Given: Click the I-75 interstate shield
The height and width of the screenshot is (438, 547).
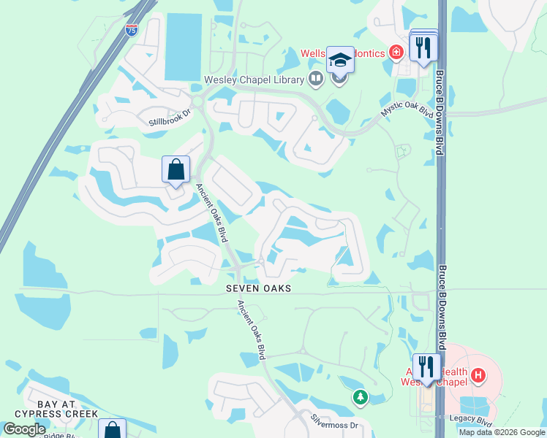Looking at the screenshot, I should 131,30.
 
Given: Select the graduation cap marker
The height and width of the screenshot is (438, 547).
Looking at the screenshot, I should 340,59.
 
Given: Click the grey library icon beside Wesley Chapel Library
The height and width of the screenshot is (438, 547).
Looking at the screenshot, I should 316,78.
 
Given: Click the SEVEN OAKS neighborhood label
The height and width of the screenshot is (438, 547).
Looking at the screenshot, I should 258,288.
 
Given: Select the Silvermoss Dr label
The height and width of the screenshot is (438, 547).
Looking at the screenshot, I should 334,423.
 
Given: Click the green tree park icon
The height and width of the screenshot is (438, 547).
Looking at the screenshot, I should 360,397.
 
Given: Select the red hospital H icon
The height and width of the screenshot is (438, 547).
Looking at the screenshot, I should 478,376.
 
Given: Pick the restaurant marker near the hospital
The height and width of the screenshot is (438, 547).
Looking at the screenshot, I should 426,366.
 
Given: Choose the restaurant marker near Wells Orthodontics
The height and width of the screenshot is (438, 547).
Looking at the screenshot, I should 423,47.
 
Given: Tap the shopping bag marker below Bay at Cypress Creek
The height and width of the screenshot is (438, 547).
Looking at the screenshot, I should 112,430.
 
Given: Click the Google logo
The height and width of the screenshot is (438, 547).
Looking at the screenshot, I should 24,429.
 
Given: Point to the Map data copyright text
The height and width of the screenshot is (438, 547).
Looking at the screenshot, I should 502,432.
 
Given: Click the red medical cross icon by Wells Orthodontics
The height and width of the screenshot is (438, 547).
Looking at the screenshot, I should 396,52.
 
